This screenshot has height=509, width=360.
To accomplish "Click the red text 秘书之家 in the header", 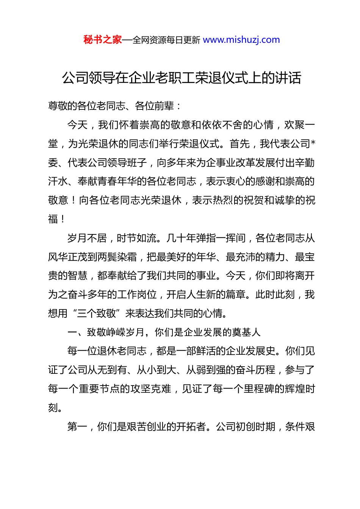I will click(103, 40).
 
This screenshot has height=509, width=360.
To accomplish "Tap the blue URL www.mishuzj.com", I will click(241, 40).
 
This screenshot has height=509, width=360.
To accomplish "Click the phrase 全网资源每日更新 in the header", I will click(166, 40).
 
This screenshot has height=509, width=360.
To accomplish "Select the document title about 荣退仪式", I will click(182, 78).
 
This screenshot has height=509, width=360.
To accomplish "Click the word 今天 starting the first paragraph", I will click(77, 125).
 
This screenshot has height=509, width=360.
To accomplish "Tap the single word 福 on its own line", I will click(53, 219).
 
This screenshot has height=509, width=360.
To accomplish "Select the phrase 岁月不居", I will click(87, 238).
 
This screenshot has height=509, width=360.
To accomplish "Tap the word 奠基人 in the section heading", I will click(246, 332).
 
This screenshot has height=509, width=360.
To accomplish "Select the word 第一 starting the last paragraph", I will click(77, 426).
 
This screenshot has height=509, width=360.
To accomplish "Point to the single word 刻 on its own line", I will click(53, 408).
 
